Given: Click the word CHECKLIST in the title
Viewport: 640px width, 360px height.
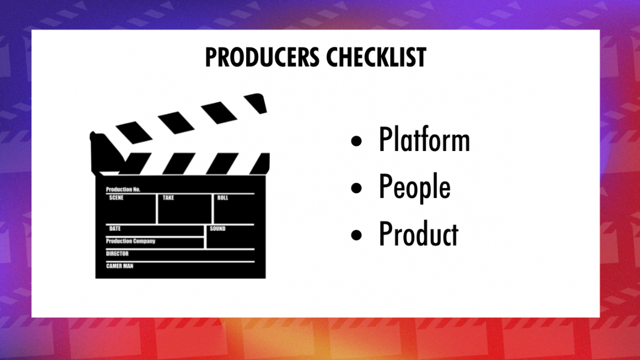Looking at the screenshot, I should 375,57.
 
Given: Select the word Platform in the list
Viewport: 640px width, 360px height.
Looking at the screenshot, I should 424,140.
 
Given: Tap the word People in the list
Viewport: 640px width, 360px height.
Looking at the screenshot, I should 414,187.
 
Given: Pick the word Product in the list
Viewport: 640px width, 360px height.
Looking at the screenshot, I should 418,234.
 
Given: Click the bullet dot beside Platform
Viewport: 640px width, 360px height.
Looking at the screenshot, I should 357,142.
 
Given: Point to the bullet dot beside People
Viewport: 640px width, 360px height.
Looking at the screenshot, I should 357,188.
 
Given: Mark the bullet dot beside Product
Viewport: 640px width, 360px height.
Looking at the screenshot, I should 357,234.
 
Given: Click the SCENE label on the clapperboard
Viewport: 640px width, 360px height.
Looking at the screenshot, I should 116,197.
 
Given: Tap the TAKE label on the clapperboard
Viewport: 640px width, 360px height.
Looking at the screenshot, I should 168,197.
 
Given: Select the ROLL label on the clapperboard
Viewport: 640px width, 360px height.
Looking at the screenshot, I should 222,197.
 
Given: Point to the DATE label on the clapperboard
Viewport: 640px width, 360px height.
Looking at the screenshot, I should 115,228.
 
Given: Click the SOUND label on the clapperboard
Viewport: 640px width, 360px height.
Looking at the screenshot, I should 218,228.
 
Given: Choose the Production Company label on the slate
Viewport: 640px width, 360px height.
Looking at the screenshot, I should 131,241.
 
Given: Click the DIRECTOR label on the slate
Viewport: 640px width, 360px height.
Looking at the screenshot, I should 117,254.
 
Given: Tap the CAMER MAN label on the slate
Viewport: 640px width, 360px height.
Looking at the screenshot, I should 120,266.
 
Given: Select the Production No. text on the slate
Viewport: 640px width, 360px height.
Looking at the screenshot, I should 123,189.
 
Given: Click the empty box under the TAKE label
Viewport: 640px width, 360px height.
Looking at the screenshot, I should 185,212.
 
